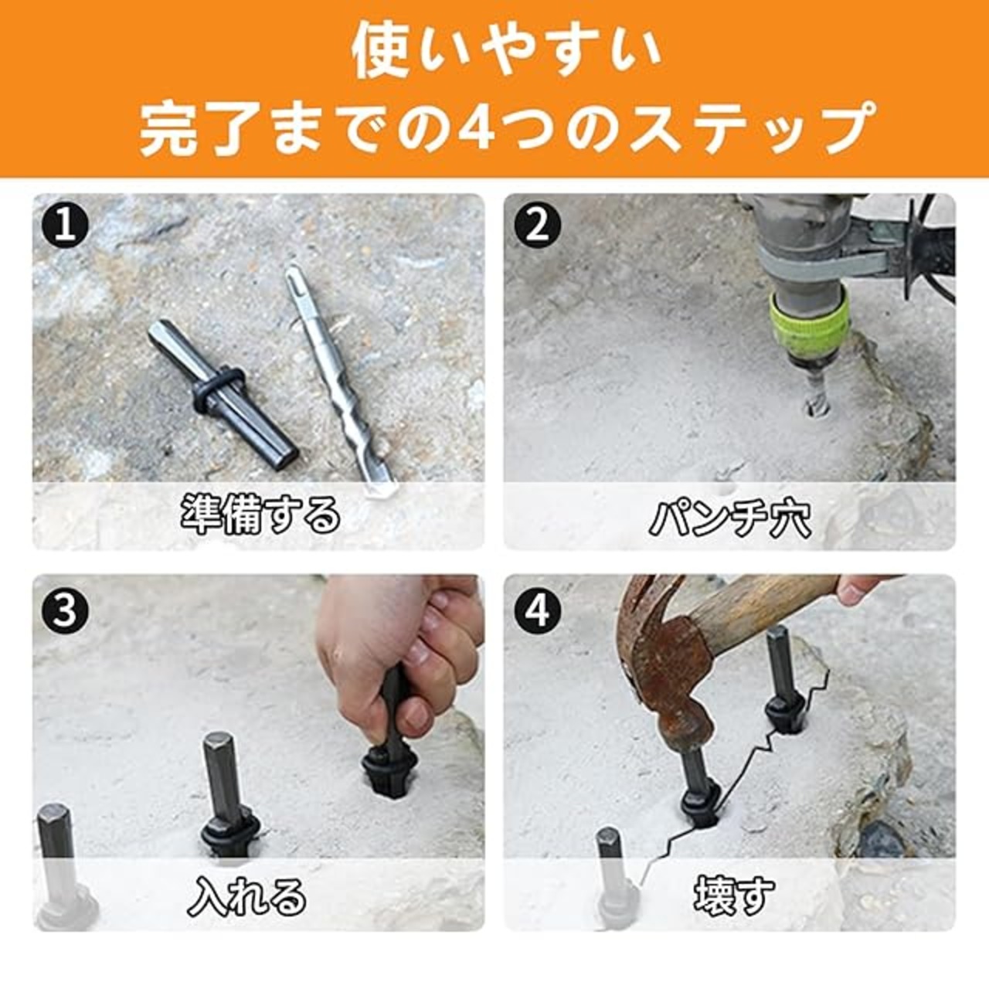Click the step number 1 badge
point(65,226)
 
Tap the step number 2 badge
point(537,226)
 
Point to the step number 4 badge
point(537,612)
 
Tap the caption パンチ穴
point(729,519)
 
